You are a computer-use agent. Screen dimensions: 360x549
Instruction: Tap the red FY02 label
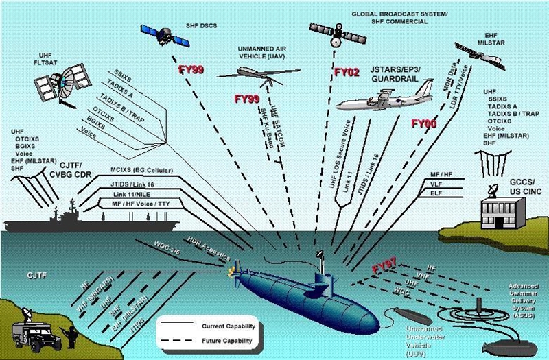pos(347,71)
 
